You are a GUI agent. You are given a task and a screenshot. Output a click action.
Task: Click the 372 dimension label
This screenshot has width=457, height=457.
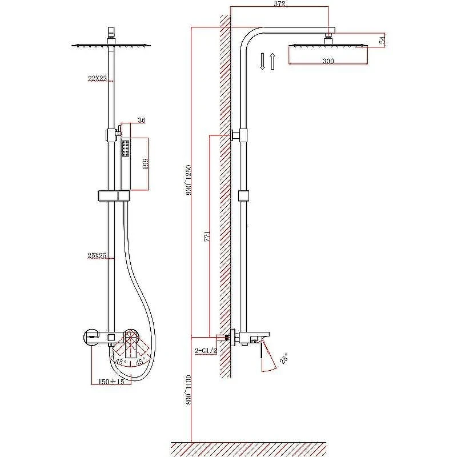pos(279,3)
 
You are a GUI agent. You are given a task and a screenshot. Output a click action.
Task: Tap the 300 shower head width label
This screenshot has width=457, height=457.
pos(328,61)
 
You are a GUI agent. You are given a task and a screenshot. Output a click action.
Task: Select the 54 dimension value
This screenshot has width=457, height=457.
pos(382,39)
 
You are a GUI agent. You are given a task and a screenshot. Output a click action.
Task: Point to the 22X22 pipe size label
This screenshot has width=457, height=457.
pos(97,78)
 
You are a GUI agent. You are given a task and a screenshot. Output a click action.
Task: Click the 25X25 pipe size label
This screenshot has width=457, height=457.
pos(97,255)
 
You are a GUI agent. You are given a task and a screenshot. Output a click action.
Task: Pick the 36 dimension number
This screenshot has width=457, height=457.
pos(142,120)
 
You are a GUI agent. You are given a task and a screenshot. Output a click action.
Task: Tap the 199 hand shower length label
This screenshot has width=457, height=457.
pos(146,163)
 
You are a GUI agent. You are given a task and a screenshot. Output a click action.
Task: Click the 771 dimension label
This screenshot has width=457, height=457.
pos(207,236)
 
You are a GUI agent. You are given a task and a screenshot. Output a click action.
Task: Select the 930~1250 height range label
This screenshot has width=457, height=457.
pos(189,180)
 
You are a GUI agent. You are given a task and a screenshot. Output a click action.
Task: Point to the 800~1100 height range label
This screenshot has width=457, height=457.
pos(189,390)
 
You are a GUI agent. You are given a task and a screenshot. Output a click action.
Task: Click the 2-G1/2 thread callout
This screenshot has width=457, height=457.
pos(206,350)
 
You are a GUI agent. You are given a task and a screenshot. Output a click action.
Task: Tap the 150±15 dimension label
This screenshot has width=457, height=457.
pos(111,382)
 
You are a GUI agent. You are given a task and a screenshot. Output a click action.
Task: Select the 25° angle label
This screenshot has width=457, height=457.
pos(283,358)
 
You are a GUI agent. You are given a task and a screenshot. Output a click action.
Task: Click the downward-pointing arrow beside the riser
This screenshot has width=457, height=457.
pos(262,61)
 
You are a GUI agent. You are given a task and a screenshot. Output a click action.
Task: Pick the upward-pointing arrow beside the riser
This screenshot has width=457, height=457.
pos(272,61)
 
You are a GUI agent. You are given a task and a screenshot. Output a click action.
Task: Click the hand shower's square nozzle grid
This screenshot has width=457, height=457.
pos(126,149)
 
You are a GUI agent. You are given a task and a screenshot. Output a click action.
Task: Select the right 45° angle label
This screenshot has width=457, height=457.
pos(140,362)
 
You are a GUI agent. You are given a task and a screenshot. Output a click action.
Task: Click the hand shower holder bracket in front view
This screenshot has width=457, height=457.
pos(114,196)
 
